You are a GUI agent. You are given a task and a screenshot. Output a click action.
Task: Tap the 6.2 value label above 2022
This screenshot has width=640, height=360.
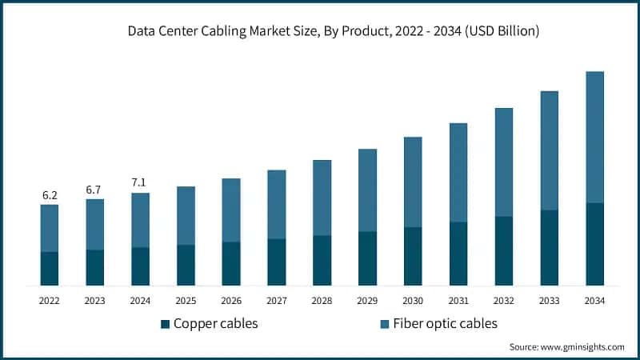tap(50, 195)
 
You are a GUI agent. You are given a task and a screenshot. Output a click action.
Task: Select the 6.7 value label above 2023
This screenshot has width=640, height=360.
tap(94, 190)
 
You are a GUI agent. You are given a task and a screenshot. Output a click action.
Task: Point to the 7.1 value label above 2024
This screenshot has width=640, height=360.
tap(140, 183)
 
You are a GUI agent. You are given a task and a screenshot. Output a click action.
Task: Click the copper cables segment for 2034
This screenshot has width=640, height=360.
tap(594, 244)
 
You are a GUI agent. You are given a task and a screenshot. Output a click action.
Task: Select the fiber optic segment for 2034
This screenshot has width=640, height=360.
tap(594, 137)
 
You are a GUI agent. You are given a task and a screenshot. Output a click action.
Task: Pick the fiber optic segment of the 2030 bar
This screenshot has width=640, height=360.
tap(413, 182)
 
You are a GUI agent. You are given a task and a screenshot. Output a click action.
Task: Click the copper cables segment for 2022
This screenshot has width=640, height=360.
tap(50, 269)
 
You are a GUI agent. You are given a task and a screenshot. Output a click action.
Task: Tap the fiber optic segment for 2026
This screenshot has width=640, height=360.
tap(231, 210)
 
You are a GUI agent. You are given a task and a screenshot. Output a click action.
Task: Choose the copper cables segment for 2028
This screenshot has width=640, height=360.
tap(322, 260)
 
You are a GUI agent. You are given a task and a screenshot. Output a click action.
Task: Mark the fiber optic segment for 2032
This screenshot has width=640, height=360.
tap(503, 162)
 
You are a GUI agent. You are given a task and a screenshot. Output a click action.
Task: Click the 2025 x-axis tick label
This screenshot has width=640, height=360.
tap(186, 301)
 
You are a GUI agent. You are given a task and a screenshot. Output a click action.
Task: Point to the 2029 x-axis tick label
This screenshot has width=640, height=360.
tap(367, 301)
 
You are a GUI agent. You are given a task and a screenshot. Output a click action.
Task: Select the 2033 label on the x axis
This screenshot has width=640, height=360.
tap(549, 301)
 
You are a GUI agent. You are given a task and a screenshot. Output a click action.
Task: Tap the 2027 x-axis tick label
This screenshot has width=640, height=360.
tap(276, 301)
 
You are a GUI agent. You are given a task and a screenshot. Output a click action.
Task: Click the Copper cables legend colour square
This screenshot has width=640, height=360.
tap(166, 324)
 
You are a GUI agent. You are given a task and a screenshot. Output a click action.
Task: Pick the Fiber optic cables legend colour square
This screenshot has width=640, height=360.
tap(385, 324)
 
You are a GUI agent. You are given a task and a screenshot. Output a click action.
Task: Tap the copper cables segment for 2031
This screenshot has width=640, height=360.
tap(458, 254)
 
